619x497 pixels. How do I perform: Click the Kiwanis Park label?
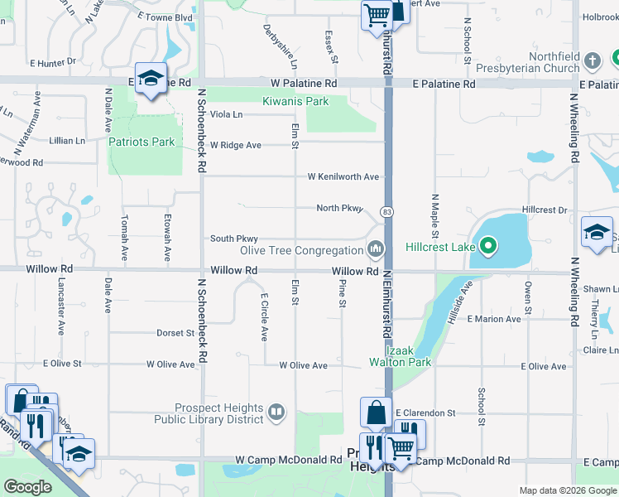click(295, 101)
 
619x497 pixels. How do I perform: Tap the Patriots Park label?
click(142, 142)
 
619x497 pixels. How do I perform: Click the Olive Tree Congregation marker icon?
click(376, 248)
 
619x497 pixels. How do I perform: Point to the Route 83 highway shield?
click(386, 212)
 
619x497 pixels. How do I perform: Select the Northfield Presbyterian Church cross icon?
click(592, 60)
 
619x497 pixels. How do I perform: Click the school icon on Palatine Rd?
click(151, 80)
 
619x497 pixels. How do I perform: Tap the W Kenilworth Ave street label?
click(343, 176)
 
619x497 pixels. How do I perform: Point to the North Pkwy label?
click(339, 208)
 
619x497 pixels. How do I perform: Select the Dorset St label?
click(175, 333)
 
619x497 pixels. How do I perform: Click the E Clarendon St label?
click(425, 413)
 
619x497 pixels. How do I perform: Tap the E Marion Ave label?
click(494, 319)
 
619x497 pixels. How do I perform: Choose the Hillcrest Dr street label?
click(545, 210)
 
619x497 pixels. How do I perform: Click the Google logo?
click(27, 486)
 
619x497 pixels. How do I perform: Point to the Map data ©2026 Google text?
click(568, 491)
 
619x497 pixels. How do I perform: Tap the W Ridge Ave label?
click(235, 145)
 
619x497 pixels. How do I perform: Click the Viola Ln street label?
click(226, 114)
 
